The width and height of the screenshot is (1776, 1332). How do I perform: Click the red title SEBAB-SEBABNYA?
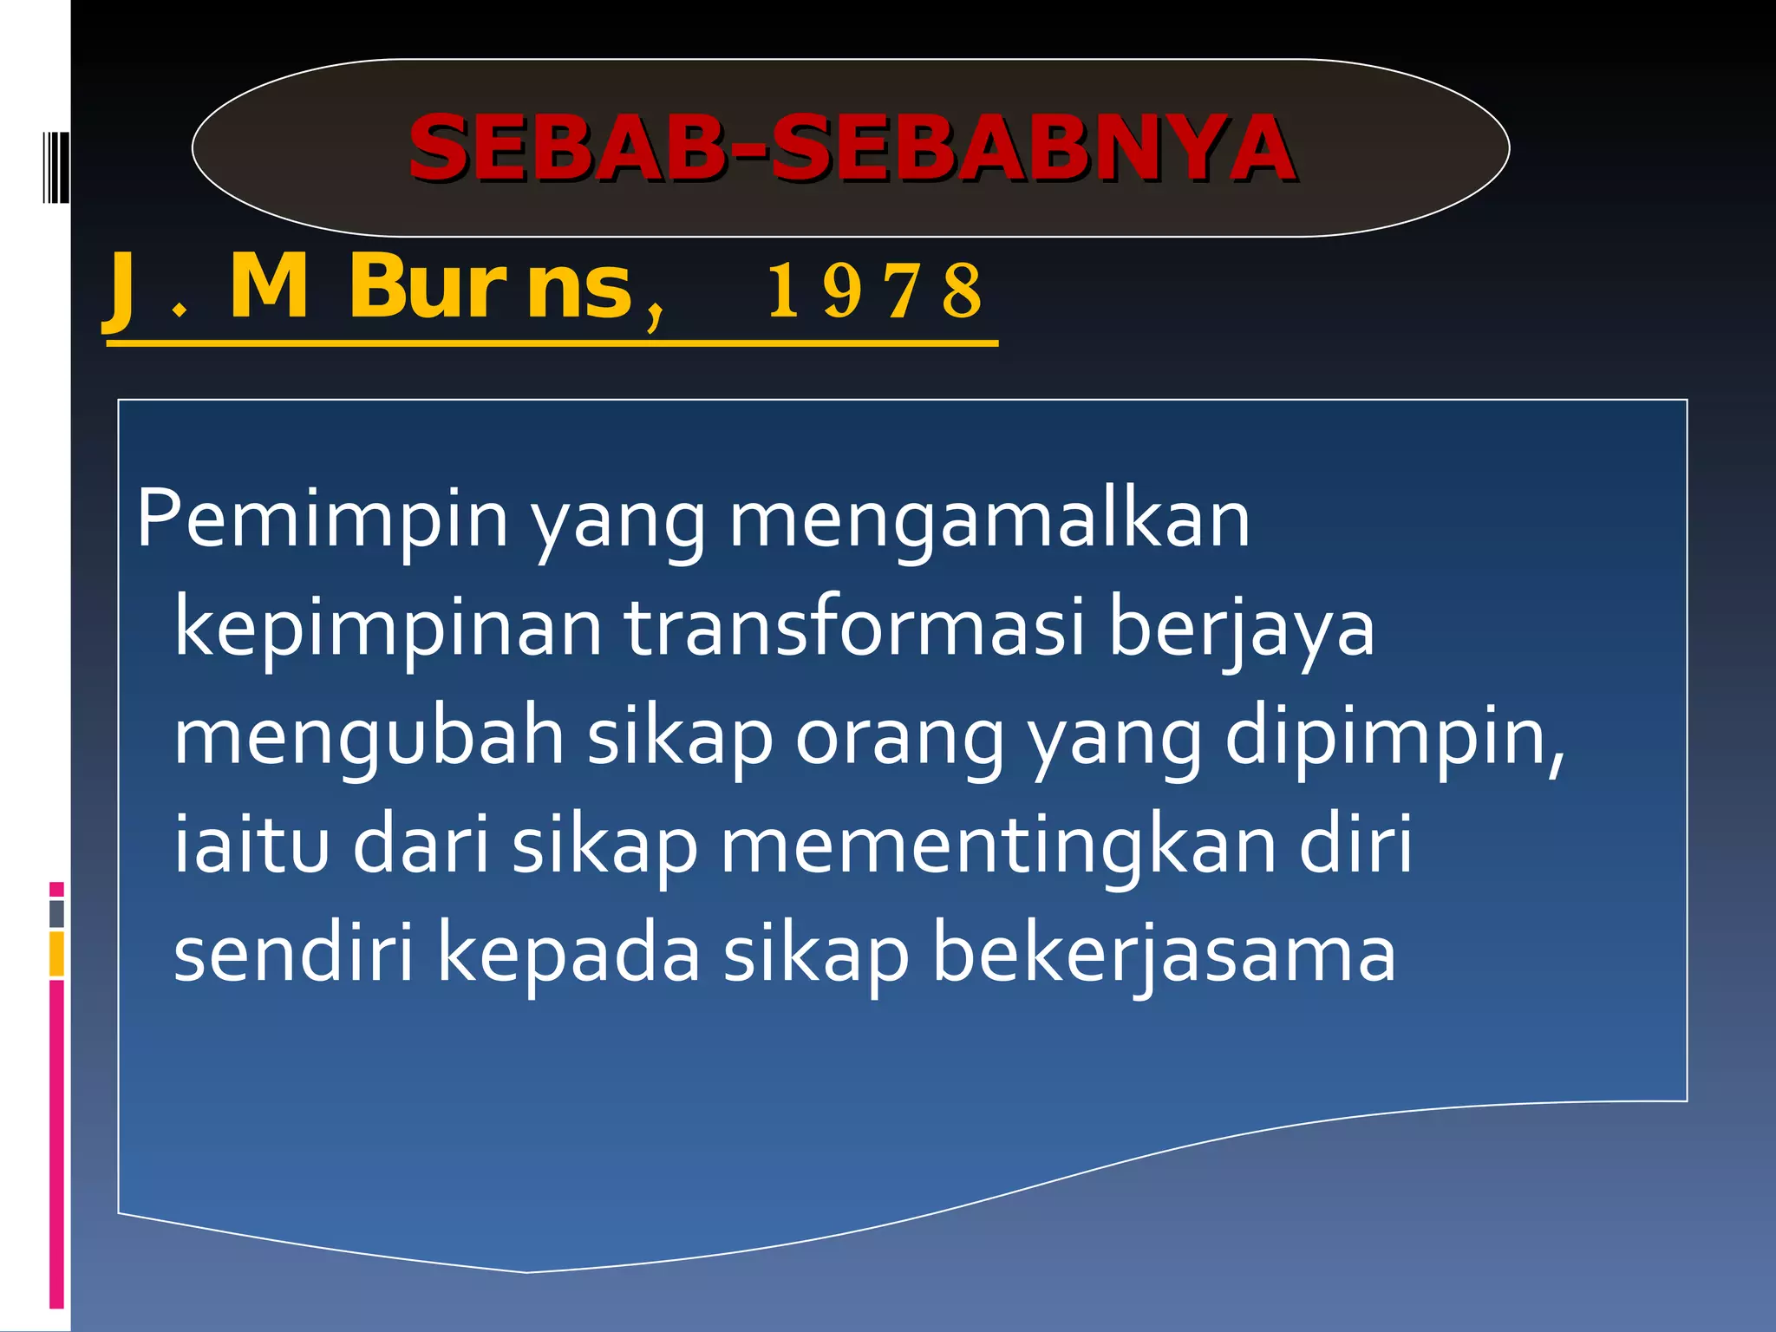(852, 148)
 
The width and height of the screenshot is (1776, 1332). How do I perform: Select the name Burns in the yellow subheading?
(491, 286)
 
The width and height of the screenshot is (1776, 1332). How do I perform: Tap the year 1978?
(875, 291)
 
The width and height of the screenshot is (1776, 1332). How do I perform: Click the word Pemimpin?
(322, 520)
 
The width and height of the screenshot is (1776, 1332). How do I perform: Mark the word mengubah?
(369, 736)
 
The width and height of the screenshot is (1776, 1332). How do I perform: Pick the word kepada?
(568, 954)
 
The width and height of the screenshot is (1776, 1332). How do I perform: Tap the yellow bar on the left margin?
(56, 954)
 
